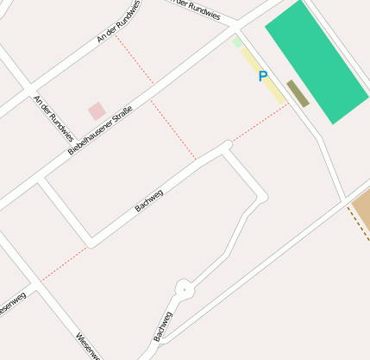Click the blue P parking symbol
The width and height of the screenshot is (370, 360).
click(263, 77)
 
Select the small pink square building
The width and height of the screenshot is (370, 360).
click(97, 111)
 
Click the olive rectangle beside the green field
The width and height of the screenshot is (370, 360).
click(298, 93)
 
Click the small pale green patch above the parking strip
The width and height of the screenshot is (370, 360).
click(237, 41)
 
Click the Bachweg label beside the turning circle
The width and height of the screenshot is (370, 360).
click(163, 325)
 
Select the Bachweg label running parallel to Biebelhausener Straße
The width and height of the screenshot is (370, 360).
click(149, 200)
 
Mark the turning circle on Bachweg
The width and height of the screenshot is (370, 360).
click(183, 288)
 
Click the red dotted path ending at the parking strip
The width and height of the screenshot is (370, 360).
click(259, 124)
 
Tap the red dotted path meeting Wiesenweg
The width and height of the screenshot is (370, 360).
click(65, 263)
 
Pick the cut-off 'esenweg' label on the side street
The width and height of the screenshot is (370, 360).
click(12, 304)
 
